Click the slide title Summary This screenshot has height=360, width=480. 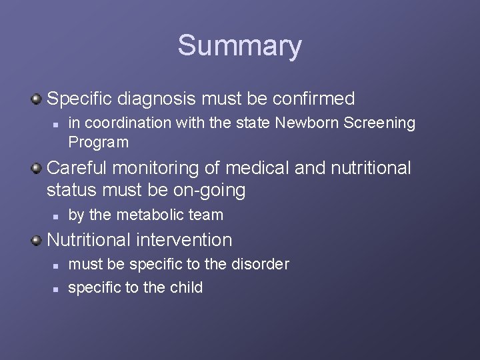(x=239, y=46)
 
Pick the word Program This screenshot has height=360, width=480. (x=98, y=142)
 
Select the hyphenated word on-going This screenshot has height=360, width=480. (x=209, y=191)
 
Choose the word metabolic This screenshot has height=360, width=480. (x=149, y=215)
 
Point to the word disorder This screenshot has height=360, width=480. (x=260, y=264)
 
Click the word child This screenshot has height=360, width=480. (x=187, y=287)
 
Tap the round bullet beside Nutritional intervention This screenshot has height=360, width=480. (x=37, y=240)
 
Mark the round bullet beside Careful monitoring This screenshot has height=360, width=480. (x=37, y=169)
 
